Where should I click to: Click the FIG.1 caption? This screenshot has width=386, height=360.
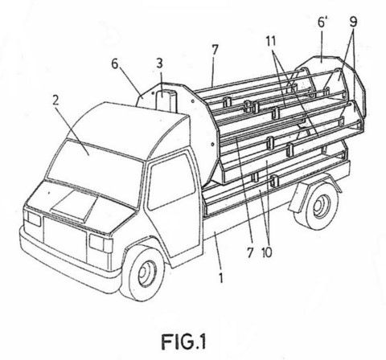(x=184, y=341)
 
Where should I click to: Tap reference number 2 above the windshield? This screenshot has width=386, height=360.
(x=55, y=100)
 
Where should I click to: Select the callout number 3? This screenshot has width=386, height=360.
(x=159, y=63)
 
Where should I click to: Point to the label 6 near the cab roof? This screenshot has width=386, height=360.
(x=115, y=64)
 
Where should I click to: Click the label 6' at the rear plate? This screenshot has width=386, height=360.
(x=322, y=22)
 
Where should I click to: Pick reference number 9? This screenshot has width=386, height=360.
(x=353, y=22)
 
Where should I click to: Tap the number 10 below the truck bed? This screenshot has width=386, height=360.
(x=267, y=252)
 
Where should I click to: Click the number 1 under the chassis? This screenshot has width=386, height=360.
(x=220, y=277)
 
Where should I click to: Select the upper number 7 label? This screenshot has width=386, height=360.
(x=215, y=51)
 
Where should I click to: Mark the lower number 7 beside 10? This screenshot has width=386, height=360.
(x=250, y=252)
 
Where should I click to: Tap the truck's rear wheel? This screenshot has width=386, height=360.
(x=317, y=205)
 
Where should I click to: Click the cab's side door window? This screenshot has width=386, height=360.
(x=171, y=182)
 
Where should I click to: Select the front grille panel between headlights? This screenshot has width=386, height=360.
(x=65, y=240)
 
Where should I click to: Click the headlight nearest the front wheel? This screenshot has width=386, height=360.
(x=101, y=243)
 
